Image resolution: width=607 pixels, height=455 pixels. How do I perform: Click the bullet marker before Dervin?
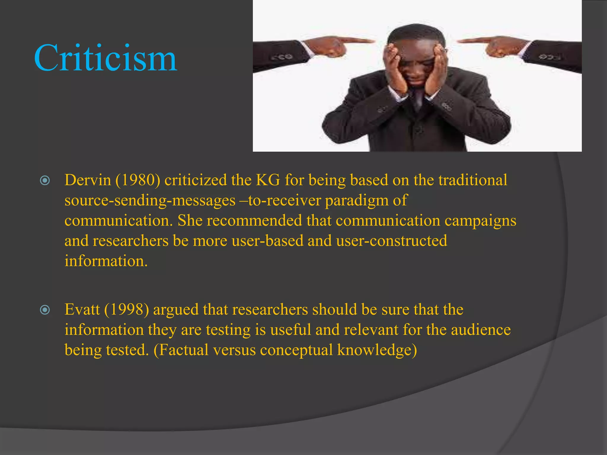tap(45, 180)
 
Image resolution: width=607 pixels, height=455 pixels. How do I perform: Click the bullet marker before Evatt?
tap(45, 310)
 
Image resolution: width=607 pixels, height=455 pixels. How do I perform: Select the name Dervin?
tap(88, 180)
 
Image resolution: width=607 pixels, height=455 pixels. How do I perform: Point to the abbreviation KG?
tap(268, 180)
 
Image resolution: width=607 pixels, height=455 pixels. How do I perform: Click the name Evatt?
tap(82, 310)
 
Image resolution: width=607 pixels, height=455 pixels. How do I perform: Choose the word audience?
tap(481, 330)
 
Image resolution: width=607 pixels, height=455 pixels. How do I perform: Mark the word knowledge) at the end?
tap(377, 350)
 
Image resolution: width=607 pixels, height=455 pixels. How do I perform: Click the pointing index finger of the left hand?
tap(356, 40)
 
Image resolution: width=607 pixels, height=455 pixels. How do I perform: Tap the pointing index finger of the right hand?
tap(474, 40)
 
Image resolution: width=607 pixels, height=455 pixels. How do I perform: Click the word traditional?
tap(473, 180)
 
